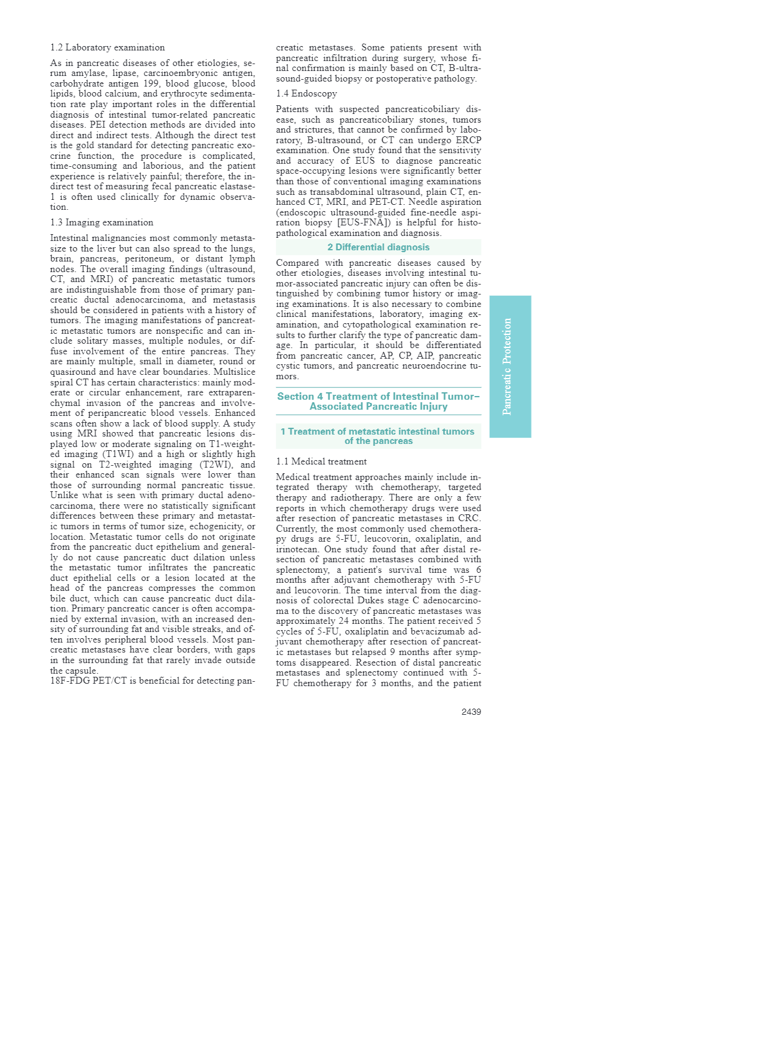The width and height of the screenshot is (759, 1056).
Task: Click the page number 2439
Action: (x=470, y=712)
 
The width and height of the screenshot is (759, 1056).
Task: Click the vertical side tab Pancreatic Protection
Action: (x=510, y=366)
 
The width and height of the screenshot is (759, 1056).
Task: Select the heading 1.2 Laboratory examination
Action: (x=108, y=47)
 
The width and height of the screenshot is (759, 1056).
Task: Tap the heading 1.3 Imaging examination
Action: (x=102, y=222)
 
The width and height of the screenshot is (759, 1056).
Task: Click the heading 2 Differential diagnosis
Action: (x=378, y=247)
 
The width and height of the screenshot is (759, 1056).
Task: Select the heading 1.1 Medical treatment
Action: (x=322, y=461)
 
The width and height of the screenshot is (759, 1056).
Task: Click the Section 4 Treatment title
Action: (x=378, y=401)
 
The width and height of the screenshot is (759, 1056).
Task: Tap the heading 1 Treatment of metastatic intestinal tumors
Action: (x=378, y=436)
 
